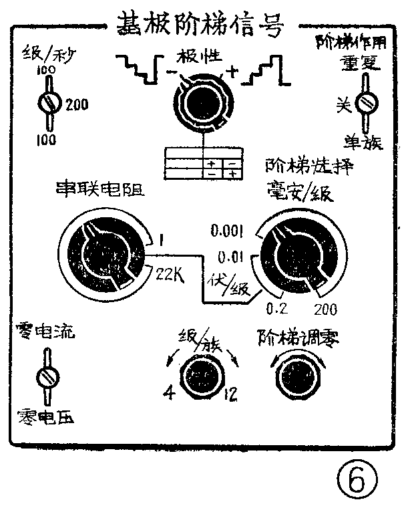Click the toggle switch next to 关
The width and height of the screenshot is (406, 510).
[365, 104]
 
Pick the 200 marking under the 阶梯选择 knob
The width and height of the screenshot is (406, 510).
[323, 309]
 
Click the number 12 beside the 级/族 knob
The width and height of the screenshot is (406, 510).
[230, 392]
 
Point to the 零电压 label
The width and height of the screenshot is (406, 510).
[44, 416]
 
